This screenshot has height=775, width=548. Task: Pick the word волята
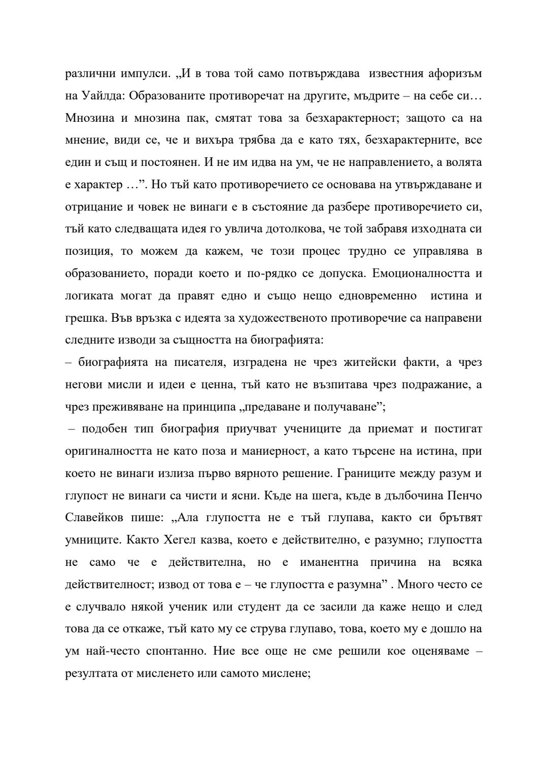[x=464, y=163]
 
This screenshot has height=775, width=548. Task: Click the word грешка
[x=83, y=318]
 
